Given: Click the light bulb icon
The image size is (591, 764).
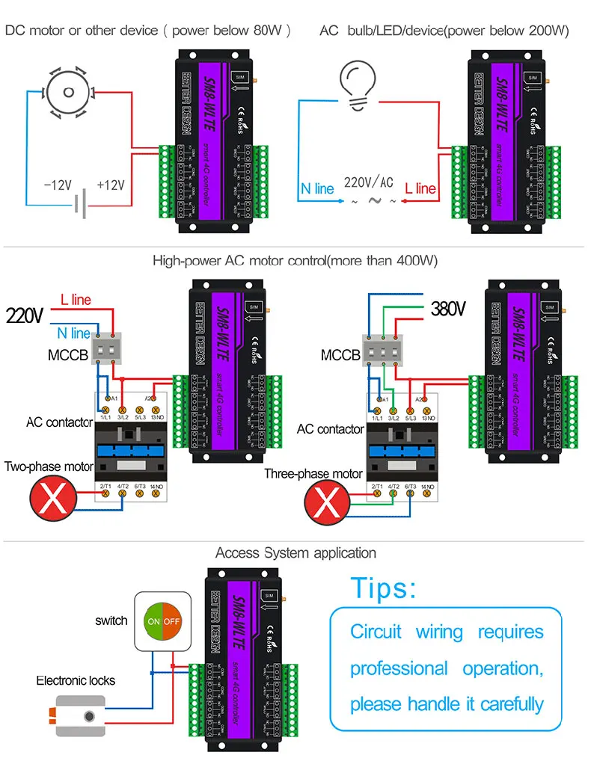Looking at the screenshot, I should (x=361, y=81).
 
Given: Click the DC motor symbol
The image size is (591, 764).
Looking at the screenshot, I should (x=68, y=92).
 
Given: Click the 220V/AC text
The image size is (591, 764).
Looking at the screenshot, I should (x=368, y=182).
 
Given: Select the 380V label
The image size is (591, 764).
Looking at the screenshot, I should (x=448, y=309).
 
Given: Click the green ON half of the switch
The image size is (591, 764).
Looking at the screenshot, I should (x=154, y=621).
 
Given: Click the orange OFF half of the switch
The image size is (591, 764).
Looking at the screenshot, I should (x=172, y=621).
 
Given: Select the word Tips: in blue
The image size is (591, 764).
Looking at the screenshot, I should (x=383, y=588).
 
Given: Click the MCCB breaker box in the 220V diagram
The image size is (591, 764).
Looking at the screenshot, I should (x=107, y=349).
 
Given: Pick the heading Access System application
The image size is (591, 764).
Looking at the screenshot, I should (x=295, y=553).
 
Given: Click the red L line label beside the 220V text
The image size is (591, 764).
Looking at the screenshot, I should (x=76, y=300).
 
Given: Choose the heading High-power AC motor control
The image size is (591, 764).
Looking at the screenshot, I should (x=295, y=261).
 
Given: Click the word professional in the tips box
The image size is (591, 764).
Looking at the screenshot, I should (x=399, y=668).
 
